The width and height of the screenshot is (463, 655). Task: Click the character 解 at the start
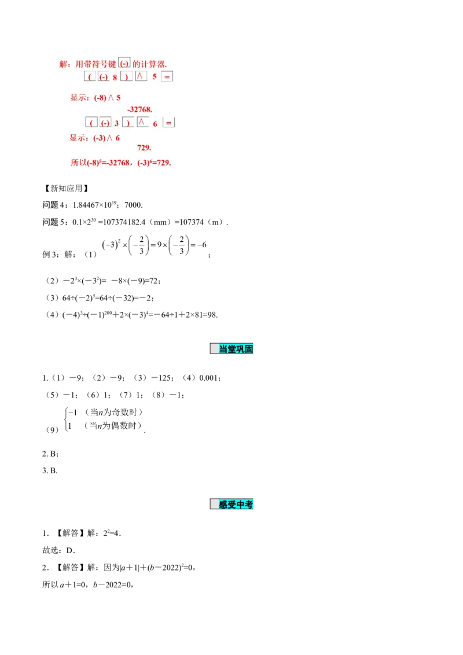click(x=64, y=64)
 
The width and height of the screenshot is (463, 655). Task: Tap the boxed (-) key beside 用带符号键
click(x=124, y=64)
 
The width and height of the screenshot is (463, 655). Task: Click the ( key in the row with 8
click(x=90, y=77)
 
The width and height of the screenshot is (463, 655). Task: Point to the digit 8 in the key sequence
click(x=115, y=77)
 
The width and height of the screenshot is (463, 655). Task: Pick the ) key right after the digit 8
click(x=127, y=77)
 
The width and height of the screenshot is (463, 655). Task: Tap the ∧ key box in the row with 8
click(x=141, y=76)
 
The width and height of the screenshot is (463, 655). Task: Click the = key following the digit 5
click(x=167, y=77)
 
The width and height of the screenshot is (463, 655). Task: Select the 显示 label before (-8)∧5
click(x=78, y=98)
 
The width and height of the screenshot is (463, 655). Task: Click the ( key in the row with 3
click(x=91, y=123)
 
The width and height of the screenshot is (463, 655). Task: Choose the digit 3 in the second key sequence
click(x=116, y=123)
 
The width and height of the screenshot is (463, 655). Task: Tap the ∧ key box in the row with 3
click(x=142, y=123)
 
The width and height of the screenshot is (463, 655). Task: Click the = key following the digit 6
click(x=169, y=123)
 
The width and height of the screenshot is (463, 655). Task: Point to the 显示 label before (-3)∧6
click(x=78, y=138)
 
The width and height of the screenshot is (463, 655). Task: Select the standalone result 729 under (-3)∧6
click(x=144, y=148)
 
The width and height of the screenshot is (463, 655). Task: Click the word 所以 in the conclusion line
click(x=78, y=163)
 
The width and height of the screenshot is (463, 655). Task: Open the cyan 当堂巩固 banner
click(x=231, y=349)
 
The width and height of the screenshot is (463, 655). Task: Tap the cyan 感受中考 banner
click(x=231, y=505)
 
